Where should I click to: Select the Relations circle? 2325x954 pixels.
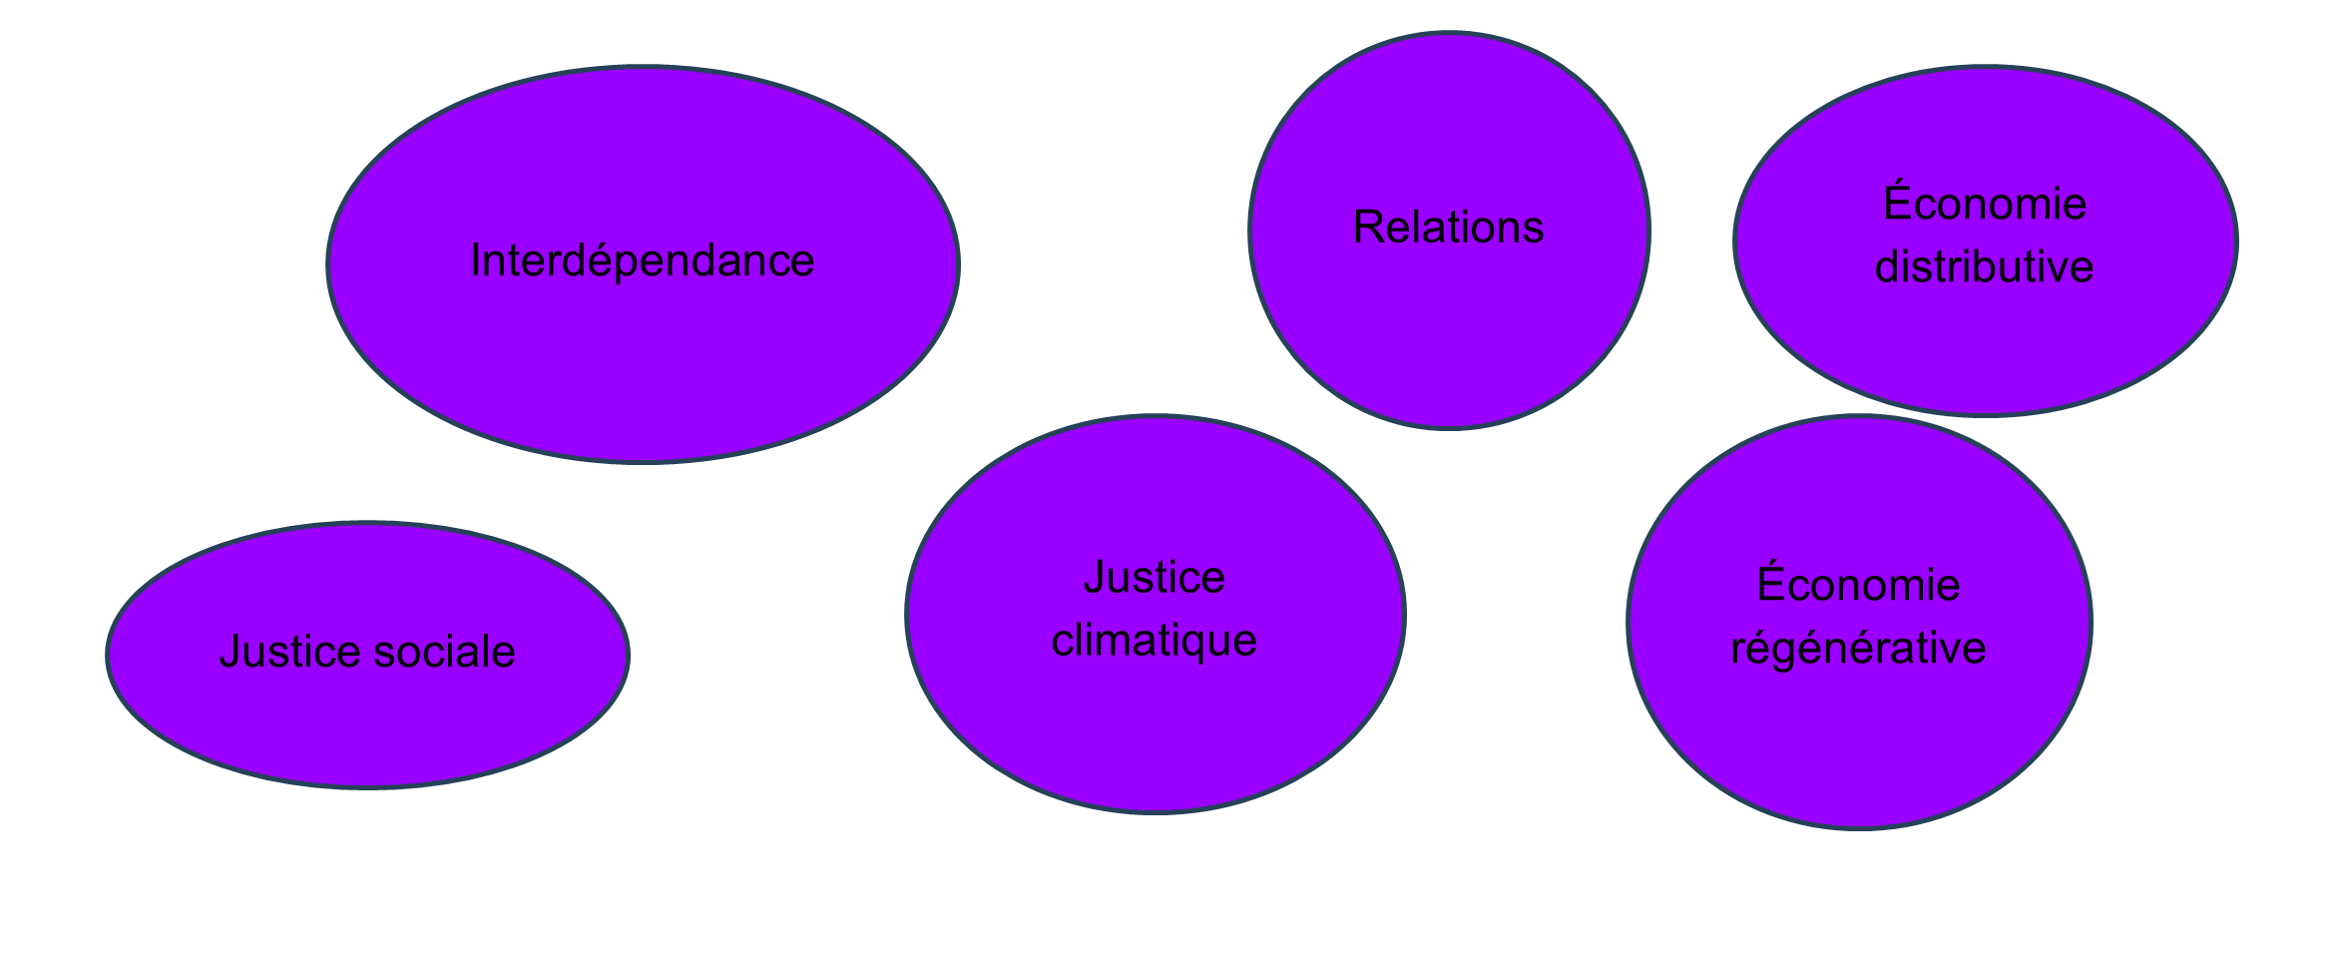(x=1449, y=329)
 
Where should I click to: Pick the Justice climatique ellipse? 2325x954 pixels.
(x=1156, y=728)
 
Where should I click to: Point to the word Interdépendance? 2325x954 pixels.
(x=643, y=261)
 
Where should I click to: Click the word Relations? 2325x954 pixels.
(x=1449, y=228)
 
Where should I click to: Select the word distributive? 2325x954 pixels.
(x=1984, y=267)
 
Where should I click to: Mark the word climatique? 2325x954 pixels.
(x=1155, y=641)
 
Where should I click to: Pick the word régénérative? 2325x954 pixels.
(x=1858, y=649)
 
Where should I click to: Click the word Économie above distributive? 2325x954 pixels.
(x=1985, y=204)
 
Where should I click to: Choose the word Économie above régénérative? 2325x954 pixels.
(x=1858, y=585)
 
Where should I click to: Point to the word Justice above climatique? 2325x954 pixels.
(x=1155, y=578)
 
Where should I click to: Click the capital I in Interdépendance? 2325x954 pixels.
(x=475, y=261)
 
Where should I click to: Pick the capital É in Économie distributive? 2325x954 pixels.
(x=1897, y=202)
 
